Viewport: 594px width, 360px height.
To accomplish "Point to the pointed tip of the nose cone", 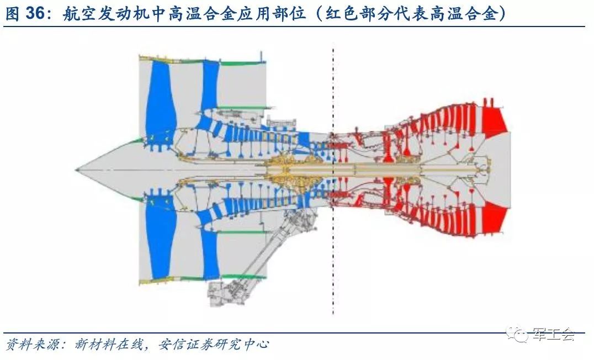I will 77,167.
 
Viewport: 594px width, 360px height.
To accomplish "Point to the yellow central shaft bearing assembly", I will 293,168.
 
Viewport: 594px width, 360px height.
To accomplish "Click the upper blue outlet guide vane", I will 210,88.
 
